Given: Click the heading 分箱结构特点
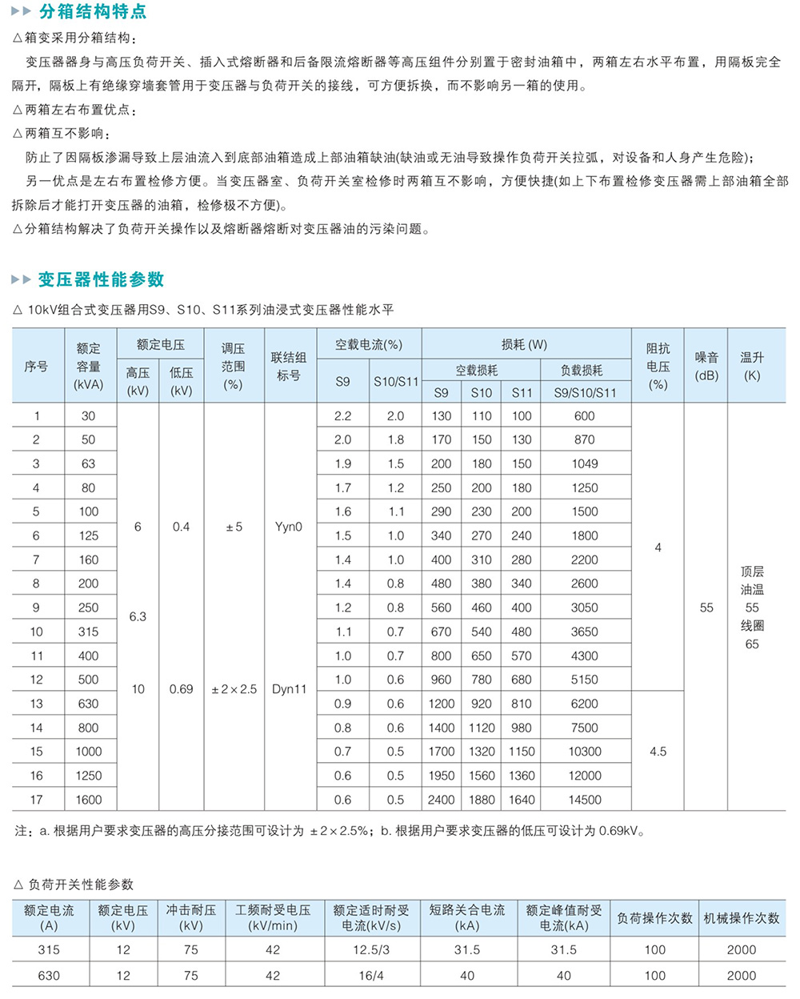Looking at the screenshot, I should pos(93,13).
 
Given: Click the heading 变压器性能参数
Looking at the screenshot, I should pos(101,279).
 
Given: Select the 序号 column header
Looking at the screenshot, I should pos(36,366).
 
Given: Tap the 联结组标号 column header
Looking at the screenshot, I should pos(289,366).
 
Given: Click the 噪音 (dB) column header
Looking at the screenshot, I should pos(706,366).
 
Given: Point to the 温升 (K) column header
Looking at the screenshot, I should pos(752,366).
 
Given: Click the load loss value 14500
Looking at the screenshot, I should pos(585,800).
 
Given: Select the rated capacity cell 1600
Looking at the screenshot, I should pos(89,800).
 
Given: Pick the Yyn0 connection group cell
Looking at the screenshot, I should pos(289,527).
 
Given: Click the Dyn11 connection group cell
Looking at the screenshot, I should pos(289,689).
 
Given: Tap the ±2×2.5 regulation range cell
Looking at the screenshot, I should pos(234,689).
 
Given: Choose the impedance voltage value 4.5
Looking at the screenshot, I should pos(658,752).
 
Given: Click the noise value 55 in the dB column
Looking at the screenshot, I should pos(706,608).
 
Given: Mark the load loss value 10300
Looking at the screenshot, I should pos(585,752).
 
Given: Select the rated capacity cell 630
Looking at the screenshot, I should pos(89,704).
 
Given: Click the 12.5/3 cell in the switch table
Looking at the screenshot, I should pos(371,949).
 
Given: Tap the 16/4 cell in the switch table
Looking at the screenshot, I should pos(371,975).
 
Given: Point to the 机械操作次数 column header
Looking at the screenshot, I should pos(742,918).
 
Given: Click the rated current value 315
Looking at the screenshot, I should pos(49,949).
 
